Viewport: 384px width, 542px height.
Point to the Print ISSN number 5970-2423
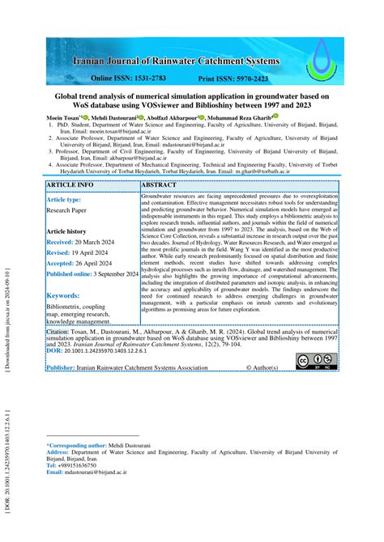coord(257,78)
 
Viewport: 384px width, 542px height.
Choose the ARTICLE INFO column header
coord(70,185)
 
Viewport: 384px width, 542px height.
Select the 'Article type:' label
coord(64,199)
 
